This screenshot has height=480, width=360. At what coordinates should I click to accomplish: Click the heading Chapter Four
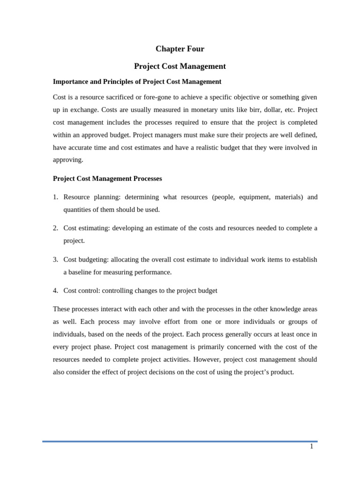(180, 49)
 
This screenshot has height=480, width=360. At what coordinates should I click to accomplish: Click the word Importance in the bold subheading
(70, 82)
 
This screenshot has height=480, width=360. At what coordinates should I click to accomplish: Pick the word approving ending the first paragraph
(68, 159)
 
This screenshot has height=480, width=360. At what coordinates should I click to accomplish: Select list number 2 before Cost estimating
(55, 228)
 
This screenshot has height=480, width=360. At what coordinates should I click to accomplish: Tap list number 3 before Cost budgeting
(55, 259)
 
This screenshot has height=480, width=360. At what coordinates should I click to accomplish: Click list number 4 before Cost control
(55, 291)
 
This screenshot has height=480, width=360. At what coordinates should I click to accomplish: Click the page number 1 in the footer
(311, 446)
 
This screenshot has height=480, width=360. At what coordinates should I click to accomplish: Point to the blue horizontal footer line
(180, 441)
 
